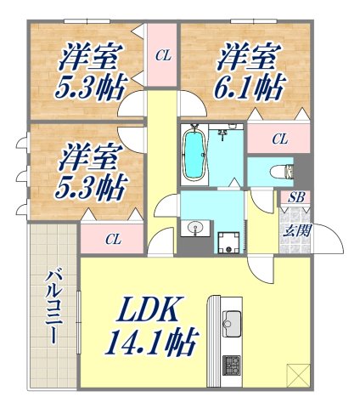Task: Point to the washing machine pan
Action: pos(229,241)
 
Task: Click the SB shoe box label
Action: pos(295,198)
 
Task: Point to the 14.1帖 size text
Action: pos(153,344)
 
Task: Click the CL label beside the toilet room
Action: pos(279,139)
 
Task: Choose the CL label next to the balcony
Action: pos(112,239)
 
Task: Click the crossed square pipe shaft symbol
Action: pos(298,375)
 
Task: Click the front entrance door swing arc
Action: pos(329,242)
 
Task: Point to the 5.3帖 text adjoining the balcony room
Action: pos(91,184)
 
